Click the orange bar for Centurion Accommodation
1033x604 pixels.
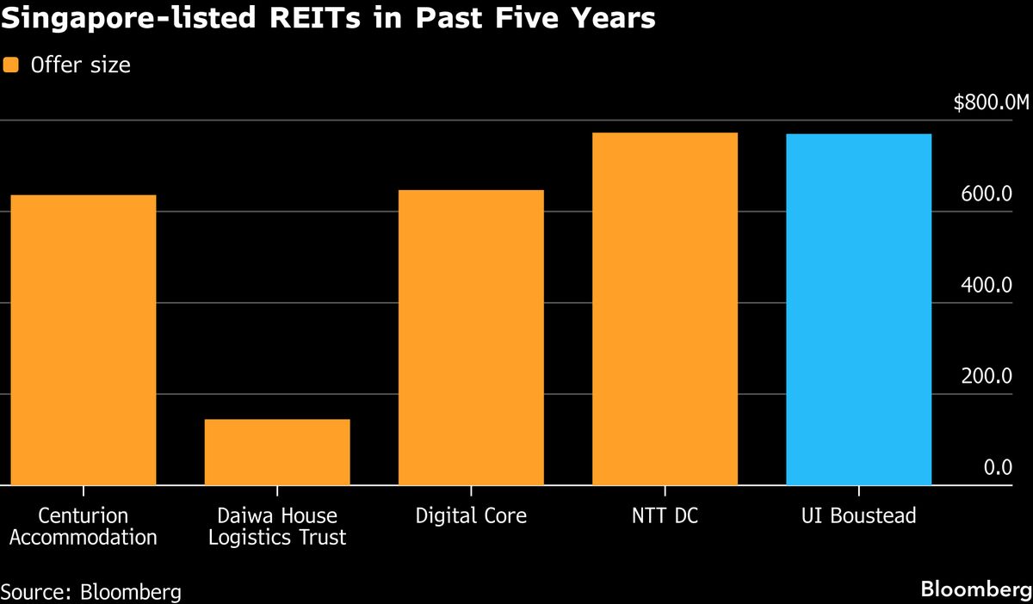[84, 340]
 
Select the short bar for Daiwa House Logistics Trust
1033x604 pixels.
[277, 452]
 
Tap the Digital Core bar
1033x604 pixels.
[471, 337]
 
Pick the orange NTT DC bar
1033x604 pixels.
[665, 309]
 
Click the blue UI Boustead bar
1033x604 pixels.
[858, 310]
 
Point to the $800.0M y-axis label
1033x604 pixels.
[991, 103]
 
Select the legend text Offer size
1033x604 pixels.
[80, 65]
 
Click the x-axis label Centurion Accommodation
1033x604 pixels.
[84, 527]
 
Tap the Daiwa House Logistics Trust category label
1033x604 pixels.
[277, 527]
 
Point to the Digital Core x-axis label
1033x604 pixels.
[471, 516]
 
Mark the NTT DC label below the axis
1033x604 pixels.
[665, 516]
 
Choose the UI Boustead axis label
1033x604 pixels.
[858, 516]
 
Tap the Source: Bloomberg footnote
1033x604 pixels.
[91, 592]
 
